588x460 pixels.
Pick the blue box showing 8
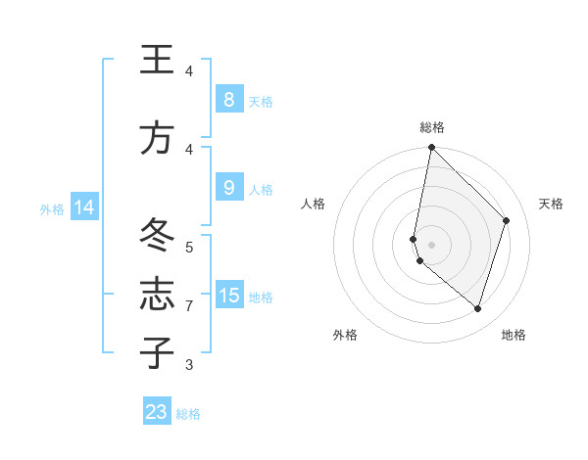click(x=228, y=99)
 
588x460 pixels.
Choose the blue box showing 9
click(x=228, y=188)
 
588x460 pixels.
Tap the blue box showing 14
click(x=84, y=207)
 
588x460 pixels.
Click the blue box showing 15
click(x=228, y=296)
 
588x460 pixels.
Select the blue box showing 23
click(x=157, y=412)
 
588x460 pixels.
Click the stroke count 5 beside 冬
click(x=189, y=247)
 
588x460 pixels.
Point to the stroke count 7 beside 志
click(x=189, y=306)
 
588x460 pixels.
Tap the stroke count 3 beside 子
click(x=189, y=365)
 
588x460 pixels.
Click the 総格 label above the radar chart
click(x=432, y=127)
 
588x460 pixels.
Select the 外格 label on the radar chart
click(x=345, y=335)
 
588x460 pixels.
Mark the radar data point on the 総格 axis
click(x=431, y=148)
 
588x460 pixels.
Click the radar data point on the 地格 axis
click(x=477, y=308)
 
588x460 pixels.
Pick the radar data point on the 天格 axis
click(x=506, y=220)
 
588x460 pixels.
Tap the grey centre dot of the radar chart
click(x=431, y=245)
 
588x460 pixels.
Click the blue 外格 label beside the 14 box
click(x=52, y=208)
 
